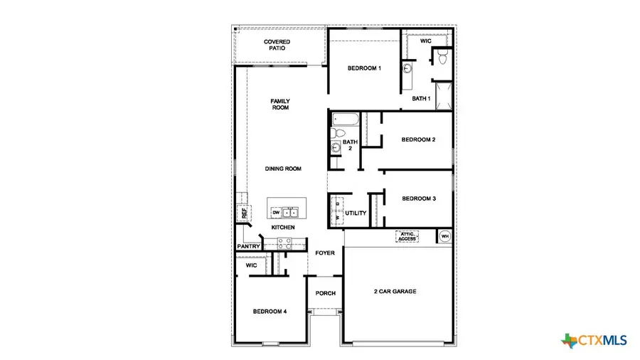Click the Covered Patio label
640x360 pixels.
[x=277, y=46]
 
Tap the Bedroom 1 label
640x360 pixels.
[x=364, y=68]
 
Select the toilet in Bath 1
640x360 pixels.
[x=442, y=57]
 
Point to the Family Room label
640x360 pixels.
[x=279, y=105]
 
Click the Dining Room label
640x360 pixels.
[x=283, y=169]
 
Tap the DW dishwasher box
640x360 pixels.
[x=276, y=212]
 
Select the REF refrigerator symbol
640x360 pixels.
[x=243, y=212]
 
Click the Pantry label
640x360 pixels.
[x=248, y=246]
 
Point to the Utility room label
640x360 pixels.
[x=355, y=213]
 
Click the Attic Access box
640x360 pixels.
[x=407, y=236]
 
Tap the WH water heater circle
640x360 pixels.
[x=445, y=236]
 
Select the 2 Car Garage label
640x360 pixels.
[x=395, y=292]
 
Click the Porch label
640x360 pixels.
[x=325, y=293]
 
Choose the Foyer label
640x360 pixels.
[x=325, y=253]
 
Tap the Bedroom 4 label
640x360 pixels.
[x=270, y=311]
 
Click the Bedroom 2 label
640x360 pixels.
[x=418, y=139]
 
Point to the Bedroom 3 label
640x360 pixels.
[x=418, y=198]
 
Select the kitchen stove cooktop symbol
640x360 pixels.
[x=284, y=242]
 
